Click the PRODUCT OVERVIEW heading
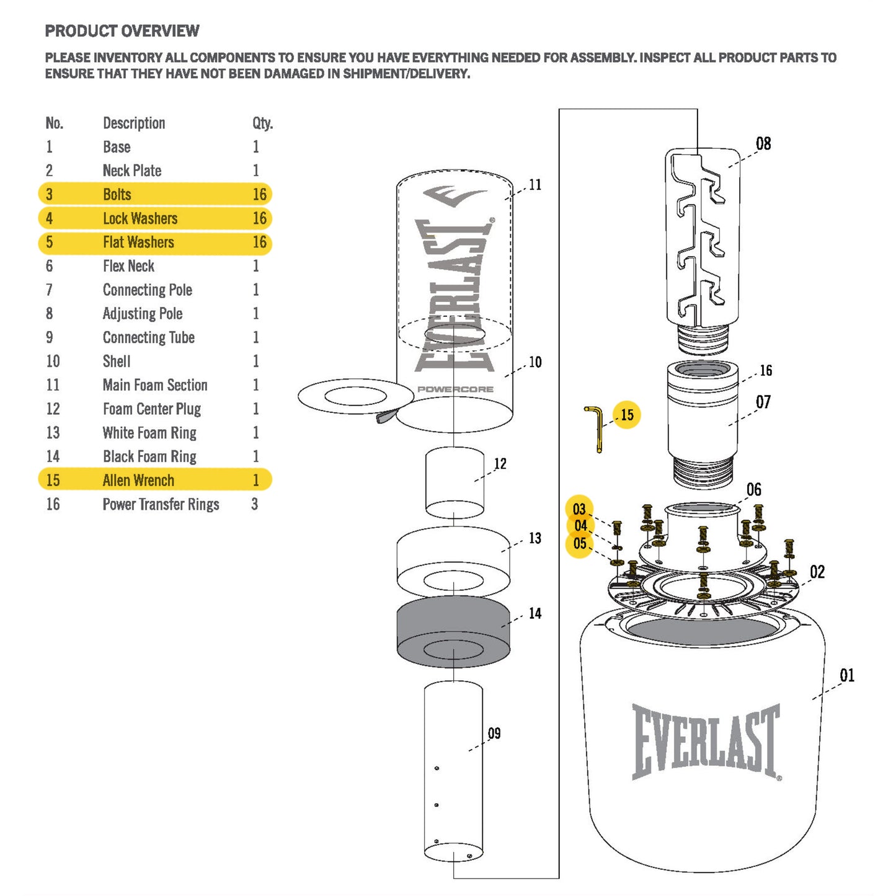point(122,31)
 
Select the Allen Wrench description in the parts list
point(138,481)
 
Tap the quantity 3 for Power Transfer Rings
point(255,504)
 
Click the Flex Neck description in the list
point(128,266)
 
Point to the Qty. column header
point(262,123)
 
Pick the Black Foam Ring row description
point(149,456)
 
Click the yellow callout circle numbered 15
point(627,415)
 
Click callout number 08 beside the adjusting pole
point(763,144)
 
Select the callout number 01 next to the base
point(847,675)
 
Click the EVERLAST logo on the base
point(706,741)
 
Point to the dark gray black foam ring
point(453,631)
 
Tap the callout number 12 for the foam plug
point(500,464)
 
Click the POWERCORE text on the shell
point(455,389)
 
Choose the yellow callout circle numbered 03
point(579,509)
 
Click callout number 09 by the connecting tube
point(494,734)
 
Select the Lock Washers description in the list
point(140,218)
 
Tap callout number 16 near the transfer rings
point(766,371)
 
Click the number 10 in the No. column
point(53,362)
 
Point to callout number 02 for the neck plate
point(817,572)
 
